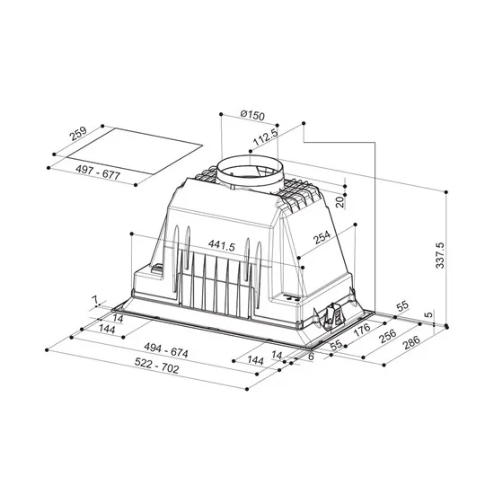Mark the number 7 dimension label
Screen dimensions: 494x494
[x=93, y=299]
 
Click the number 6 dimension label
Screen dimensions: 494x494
[x=311, y=357]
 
